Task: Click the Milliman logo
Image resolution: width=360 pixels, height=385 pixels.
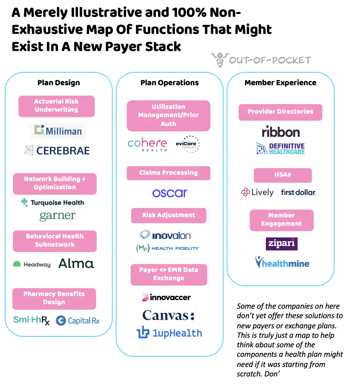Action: pyautogui.click(x=58, y=131)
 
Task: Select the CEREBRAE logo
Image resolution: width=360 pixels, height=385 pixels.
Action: pyautogui.click(x=57, y=151)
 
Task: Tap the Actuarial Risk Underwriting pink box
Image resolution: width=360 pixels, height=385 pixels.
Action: pyautogui.click(x=56, y=106)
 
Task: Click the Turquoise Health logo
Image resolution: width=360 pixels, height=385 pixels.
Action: pyautogui.click(x=53, y=203)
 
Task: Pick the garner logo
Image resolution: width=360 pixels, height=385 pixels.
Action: pyautogui.click(x=57, y=216)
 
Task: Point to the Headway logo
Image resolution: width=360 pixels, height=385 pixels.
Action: pyautogui.click(x=32, y=264)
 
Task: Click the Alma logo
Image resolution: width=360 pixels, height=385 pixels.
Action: pyautogui.click(x=76, y=263)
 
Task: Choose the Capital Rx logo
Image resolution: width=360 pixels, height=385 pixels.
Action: pyautogui.click(x=78, y=321)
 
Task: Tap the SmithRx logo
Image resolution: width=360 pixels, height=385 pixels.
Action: pyautogui.click(x=31, y=320)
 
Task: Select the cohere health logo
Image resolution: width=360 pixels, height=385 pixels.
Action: pyautogui.click(x=147, y=144)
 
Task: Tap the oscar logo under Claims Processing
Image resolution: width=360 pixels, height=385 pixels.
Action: pyautogui.click(x=170, y=193)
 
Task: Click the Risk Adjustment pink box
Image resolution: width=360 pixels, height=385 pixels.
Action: pyautogui.click(x=169, y=215)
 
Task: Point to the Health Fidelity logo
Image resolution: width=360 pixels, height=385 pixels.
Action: pyautogui.click(x=168, y=248)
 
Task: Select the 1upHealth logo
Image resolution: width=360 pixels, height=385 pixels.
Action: pyautogui.click(x=170, y=333)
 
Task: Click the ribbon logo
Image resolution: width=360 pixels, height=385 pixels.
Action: pyautogui.click(x=281, y=132)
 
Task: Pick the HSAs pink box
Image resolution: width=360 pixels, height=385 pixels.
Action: pyautogui.click(x=283, y=175)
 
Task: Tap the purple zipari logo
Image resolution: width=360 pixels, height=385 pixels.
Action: pyautogui.click(x=281, y=243)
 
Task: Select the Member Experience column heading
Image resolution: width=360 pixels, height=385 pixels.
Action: pyautogui.click(x=280, y=83)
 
